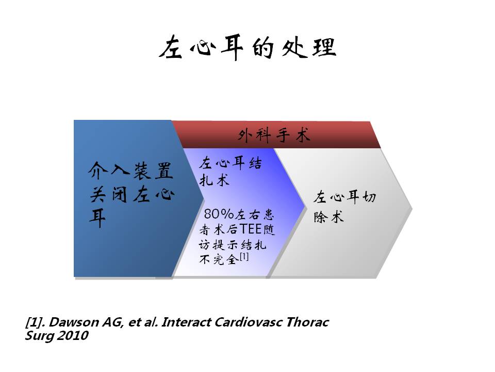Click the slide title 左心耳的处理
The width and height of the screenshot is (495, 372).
click(x=247, y=48)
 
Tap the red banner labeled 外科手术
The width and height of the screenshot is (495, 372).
click(x=276, y=135)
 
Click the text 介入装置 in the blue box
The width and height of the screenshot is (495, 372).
click(x=130, y=171)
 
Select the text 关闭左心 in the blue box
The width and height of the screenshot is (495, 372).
click(x=132, y=195)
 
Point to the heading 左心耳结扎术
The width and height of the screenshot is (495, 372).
click(x=230, y=172)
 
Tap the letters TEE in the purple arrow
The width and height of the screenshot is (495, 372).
click(x=251, y=229)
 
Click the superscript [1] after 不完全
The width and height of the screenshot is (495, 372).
click(x=244, y=256)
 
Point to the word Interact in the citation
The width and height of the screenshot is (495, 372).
click(x=186, y=322)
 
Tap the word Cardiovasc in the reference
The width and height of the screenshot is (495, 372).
click(x=249, y=322)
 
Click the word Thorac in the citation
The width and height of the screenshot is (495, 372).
click(x=308, y=322)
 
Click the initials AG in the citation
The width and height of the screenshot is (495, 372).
click(x=112, y=322)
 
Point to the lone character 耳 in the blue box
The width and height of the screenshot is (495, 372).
click(x=97, y=218)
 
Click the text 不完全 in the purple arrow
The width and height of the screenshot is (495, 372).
click(x=219, y=259)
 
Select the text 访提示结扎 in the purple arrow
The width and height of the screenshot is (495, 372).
click(x=233, y=244)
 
